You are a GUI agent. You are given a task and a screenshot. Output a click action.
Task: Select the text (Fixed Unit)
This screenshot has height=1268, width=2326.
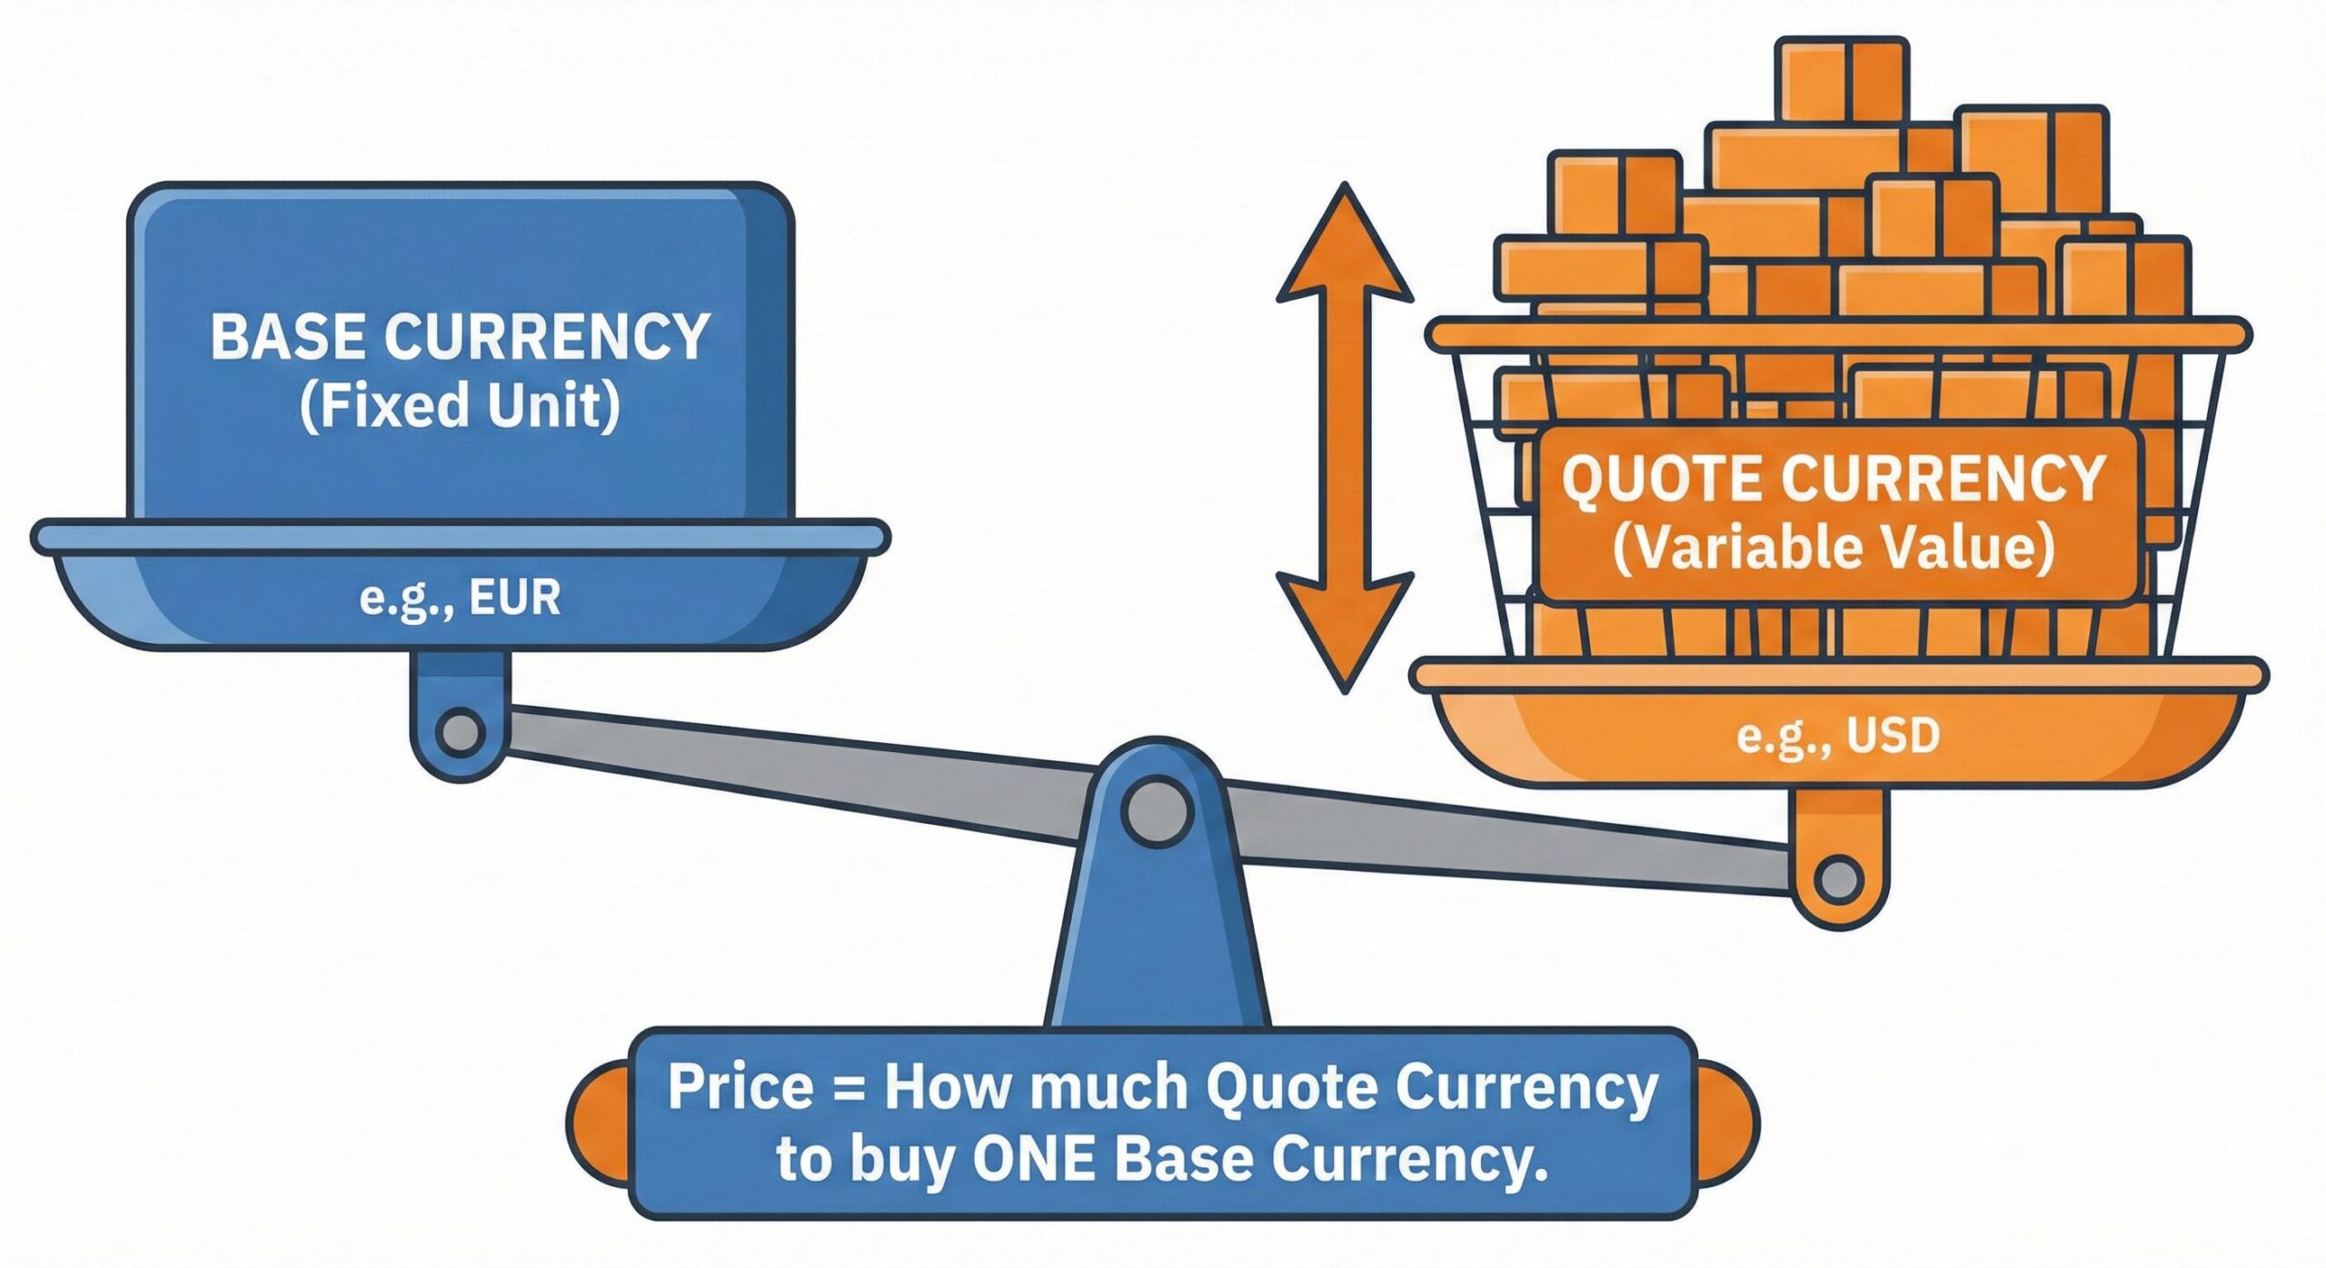coord(460,406)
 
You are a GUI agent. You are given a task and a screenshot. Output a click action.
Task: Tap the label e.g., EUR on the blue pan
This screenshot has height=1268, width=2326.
coord(460,599)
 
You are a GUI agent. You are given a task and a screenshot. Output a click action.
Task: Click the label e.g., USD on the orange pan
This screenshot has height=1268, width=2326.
coord(1838,735)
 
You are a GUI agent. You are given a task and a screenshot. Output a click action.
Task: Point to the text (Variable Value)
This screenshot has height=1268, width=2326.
coord(1834,548)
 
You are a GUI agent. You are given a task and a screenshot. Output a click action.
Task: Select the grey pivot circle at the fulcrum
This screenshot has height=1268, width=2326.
coord(1157,809)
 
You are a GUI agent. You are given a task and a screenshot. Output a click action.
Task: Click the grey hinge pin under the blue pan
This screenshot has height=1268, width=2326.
coord(460,732)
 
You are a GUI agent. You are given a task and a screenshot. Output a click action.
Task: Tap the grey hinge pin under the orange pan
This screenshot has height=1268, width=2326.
coord(1838,879)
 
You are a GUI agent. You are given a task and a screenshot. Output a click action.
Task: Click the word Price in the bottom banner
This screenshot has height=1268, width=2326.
coord(741,1087)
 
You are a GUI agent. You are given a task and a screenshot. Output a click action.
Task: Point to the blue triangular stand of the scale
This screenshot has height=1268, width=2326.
coord(1157,945)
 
